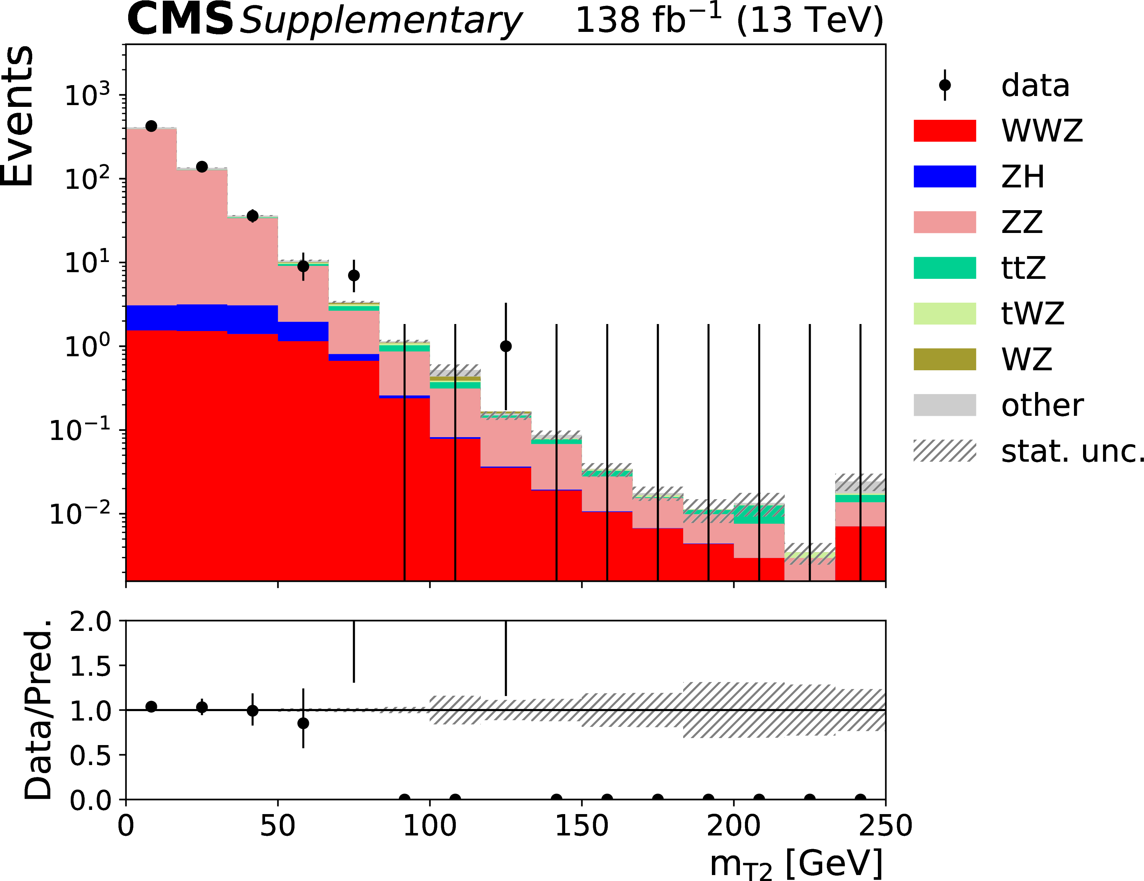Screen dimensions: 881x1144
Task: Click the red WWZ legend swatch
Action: [944, 131]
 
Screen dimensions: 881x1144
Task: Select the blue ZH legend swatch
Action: [944, 176]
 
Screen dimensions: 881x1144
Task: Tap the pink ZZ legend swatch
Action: [944, 222]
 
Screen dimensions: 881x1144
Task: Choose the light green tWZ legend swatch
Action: [944, 314]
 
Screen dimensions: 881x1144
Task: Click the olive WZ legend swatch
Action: [944, 359]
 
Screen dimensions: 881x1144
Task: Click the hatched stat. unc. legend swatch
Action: [944, 451]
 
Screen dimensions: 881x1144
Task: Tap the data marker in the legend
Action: [944, 85]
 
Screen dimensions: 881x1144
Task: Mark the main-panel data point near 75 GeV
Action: [354, 275]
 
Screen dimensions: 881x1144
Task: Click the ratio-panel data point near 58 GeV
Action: [303, 723]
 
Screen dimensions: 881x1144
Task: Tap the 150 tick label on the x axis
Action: [581, 826]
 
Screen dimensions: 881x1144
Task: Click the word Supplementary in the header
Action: [381, 21]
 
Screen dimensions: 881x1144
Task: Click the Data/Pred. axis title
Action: [38, 710]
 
